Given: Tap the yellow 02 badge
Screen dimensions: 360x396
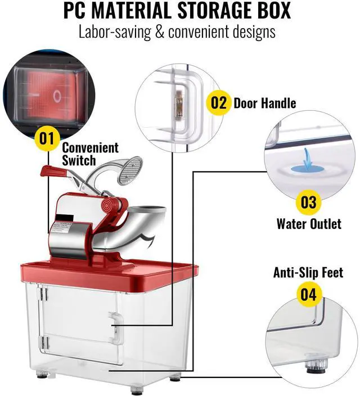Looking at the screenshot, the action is tap(218, 102).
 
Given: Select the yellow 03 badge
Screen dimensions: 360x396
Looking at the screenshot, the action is tap(308, 201).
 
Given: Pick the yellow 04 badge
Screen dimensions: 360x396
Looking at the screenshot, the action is tap(308, 294).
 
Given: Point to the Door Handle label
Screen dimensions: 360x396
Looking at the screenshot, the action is tap(264, 103).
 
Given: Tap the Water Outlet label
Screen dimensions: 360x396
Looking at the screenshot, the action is tap(308, 224).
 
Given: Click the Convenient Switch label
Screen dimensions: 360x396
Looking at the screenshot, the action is tap(90, 154).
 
